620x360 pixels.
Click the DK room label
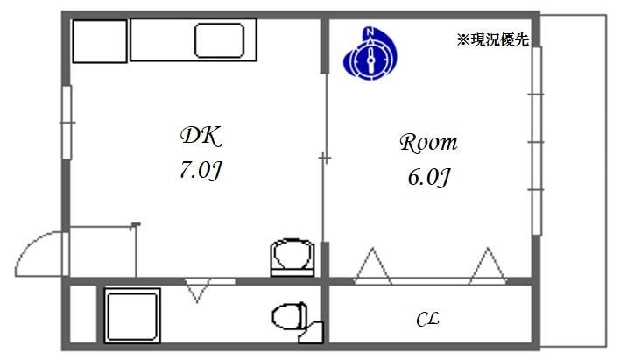pyautogui.click(x=201, y=135)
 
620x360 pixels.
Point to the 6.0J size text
pyautogui.click(x=428, y=178)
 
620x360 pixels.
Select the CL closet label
pyautogui.click(x=427, y=321)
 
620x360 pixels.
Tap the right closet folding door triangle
pyautogui.click(x=489, y=265)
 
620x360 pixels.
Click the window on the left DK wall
pyautogui.click(x=66, y=123)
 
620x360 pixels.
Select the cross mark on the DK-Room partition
pyautogui.click(x=325, y=159)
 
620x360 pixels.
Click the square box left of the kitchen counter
pyautogui.click(x=99, y=41)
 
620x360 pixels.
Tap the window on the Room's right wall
pyautogui.click(x=536, y=140)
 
